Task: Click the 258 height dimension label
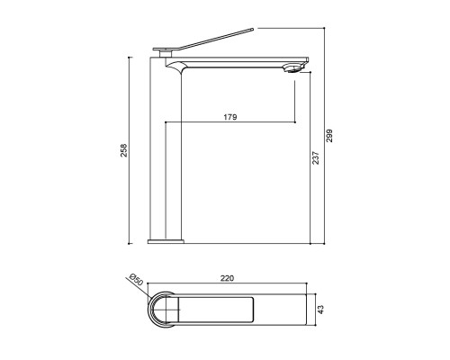point(124,150)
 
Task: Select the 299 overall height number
point(329,136)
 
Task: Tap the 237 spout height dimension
point(316,158)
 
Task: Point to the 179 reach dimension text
point(230,117)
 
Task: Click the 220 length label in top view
point(227,278)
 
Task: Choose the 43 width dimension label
point(321,310)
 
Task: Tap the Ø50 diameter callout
point(135,280)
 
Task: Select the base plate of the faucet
point(166,241)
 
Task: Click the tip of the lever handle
point(252,29)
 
